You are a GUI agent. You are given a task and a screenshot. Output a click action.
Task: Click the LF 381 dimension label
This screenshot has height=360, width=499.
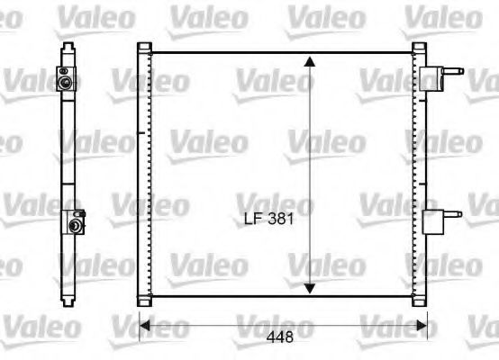269,218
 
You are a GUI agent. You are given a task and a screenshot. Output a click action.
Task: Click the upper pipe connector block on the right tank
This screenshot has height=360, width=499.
432,78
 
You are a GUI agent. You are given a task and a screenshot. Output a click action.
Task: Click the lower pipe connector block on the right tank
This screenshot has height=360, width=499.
432,219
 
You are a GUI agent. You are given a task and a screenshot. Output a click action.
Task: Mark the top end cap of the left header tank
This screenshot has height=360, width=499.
145,47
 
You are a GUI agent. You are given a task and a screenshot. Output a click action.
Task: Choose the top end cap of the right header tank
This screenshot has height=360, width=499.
419,47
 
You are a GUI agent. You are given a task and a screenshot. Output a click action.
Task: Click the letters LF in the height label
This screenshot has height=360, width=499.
252,218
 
